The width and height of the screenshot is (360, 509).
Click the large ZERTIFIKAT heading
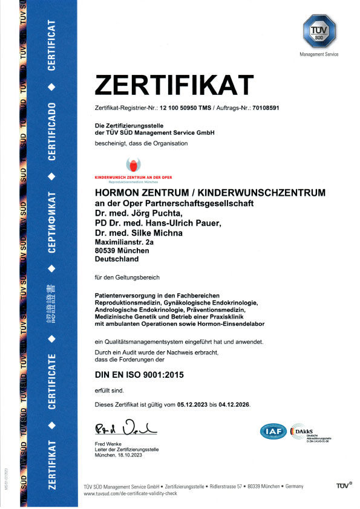coord(174,86)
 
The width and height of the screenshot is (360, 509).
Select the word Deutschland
coord(117,259)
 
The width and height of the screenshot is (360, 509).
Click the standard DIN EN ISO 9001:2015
coord(139,375)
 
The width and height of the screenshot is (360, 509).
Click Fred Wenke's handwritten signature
coord(125,429)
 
